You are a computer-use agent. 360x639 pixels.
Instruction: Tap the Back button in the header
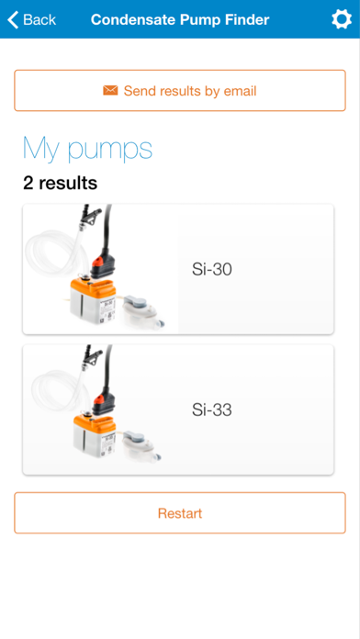point(32,19)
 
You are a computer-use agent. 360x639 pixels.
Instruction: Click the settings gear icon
point(342,19)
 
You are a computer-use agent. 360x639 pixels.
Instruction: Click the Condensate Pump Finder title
point(180,19)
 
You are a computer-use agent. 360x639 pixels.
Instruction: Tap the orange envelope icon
point(110,90)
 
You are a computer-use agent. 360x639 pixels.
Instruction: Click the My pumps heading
point(87,149)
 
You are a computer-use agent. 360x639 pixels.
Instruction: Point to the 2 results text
point(61,183)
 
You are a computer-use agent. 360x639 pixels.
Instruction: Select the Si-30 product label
point(212,269)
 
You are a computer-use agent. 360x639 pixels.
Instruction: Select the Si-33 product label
point(212,410)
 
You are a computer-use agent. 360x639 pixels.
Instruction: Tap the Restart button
point(180,512)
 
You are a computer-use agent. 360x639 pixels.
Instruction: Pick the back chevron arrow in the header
point(13,19)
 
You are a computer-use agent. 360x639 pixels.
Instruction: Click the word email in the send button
point(240,91)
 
